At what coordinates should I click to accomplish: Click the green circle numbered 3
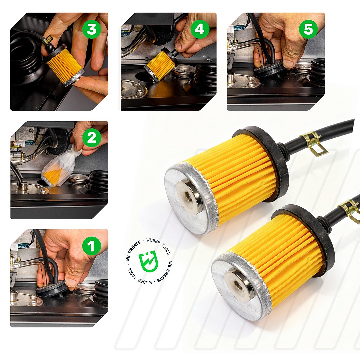(x=92, y=29)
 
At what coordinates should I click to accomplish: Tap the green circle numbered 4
(x=200, y=29)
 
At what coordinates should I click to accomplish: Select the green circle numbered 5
(x=308, y=29)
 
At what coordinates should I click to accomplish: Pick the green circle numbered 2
(x=92, y=138)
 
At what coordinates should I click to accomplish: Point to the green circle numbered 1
(x=92, y=246)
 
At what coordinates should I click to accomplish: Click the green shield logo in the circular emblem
(x=148, y=261)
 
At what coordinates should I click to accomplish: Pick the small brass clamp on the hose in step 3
(x=49, y=39)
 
